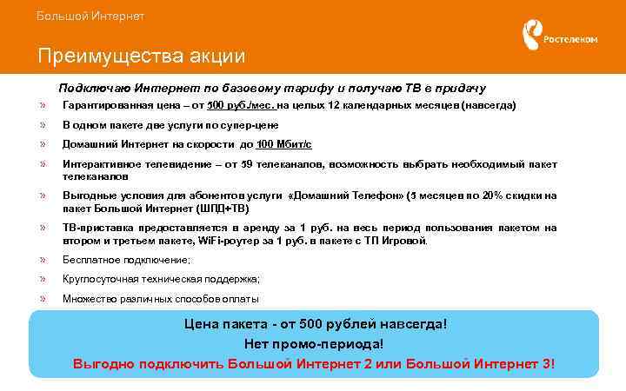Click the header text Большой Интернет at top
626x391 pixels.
(x=90, y=17)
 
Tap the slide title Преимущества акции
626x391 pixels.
(x=141, y=56)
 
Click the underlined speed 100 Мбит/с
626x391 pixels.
(x=284, y=143)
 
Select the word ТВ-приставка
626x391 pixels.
(x=91, y=228)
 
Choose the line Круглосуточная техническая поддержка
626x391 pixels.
(x=161, y=279)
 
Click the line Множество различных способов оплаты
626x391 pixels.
(x=160, y=299)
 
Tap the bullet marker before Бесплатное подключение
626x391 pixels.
(x=42, y=260)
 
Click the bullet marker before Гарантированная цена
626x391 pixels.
(x=42, y=105)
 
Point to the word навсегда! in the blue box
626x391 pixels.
(x=410, y=324)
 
